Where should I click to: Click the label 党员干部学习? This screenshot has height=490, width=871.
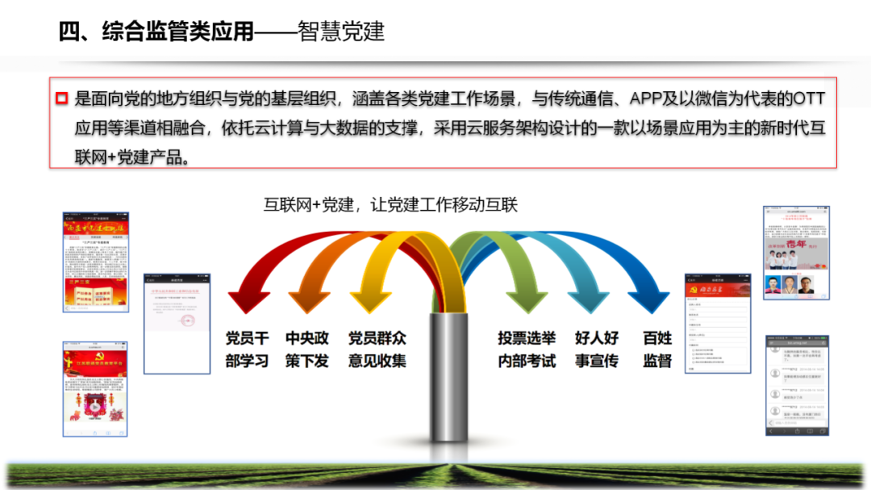[247, 350]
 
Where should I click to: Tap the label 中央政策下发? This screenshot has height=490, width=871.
[307, 350]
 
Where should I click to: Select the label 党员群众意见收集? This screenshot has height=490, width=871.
[377, 350]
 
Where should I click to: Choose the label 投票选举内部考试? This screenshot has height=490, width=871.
[527, 350]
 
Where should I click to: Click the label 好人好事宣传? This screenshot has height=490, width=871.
[597, 350]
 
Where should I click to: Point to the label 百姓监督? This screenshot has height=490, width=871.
[657, 350]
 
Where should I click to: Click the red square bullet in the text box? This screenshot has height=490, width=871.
[61, 99]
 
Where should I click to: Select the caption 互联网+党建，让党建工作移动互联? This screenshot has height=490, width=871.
[390, 205]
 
